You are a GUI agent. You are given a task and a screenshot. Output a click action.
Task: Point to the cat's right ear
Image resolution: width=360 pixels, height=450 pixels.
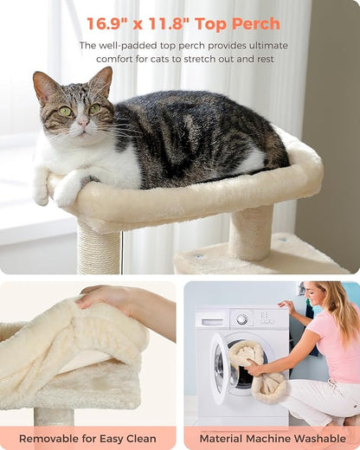[x=102, y=80]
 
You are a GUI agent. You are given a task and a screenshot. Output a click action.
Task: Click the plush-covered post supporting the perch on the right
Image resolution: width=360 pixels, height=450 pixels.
[x=251, y=232]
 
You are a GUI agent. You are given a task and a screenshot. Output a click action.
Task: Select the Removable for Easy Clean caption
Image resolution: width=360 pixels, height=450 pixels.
[x=87, y=439]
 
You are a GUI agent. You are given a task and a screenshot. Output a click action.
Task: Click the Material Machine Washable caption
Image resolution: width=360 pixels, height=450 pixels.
[x=271, y=439]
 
